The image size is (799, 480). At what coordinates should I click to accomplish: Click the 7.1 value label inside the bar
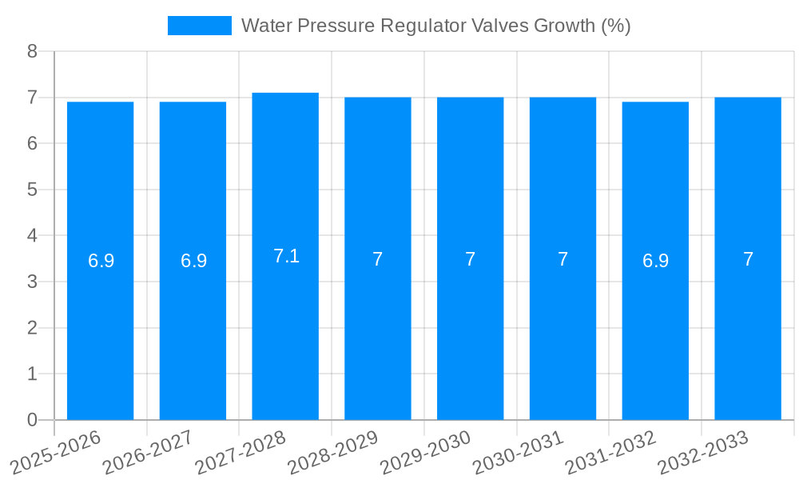coord(286,256)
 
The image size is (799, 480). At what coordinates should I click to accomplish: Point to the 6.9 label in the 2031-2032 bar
coord(655,261)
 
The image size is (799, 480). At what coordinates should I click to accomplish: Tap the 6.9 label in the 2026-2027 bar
coord(193,261)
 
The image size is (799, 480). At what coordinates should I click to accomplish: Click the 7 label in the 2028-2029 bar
coord(378,259)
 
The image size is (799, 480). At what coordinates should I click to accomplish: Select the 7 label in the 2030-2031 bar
coord(562,259)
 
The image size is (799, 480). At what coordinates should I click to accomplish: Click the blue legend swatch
coord(199,26)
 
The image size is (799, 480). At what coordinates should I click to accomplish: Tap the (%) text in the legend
coord(614,26)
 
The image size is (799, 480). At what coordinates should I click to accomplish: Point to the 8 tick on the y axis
coord(32,51)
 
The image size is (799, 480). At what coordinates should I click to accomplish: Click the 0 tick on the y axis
coord(32,420)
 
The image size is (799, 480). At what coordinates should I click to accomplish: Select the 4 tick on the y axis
coord(32,236)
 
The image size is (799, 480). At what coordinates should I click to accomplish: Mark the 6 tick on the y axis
coord(32,144)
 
